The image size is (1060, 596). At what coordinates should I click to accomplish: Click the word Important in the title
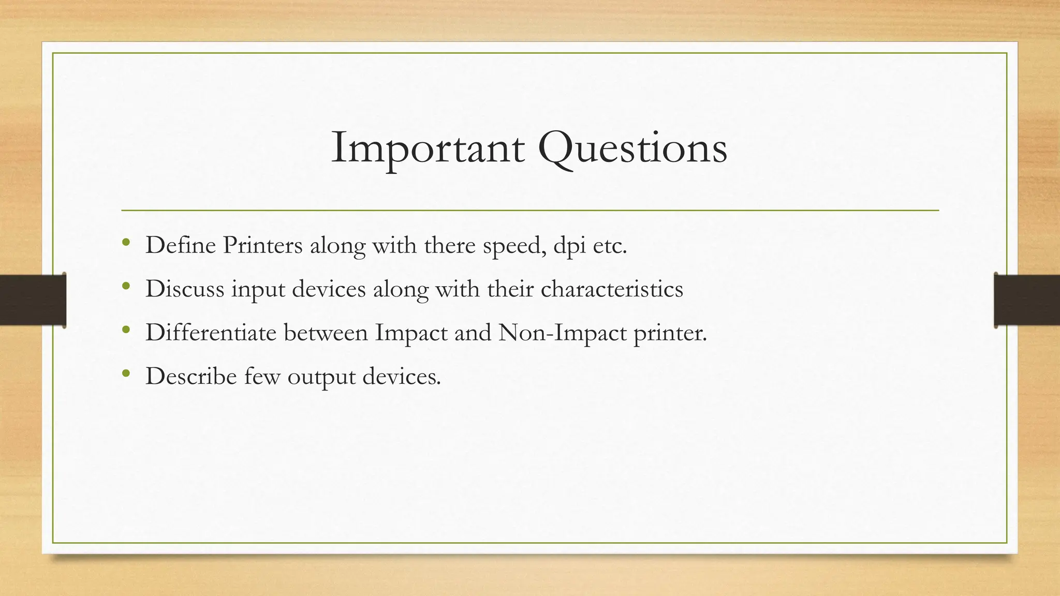point(428,148)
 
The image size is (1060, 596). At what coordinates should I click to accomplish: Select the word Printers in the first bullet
point(262,245)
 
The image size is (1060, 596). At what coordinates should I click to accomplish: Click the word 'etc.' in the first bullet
point(610,245)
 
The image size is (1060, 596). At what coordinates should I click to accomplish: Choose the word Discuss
point(185,289)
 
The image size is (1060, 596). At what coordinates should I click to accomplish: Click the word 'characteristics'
point(612,289)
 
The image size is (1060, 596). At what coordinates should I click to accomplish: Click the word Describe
point(191,376)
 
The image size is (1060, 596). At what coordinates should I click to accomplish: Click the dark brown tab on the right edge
point(1027,300)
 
